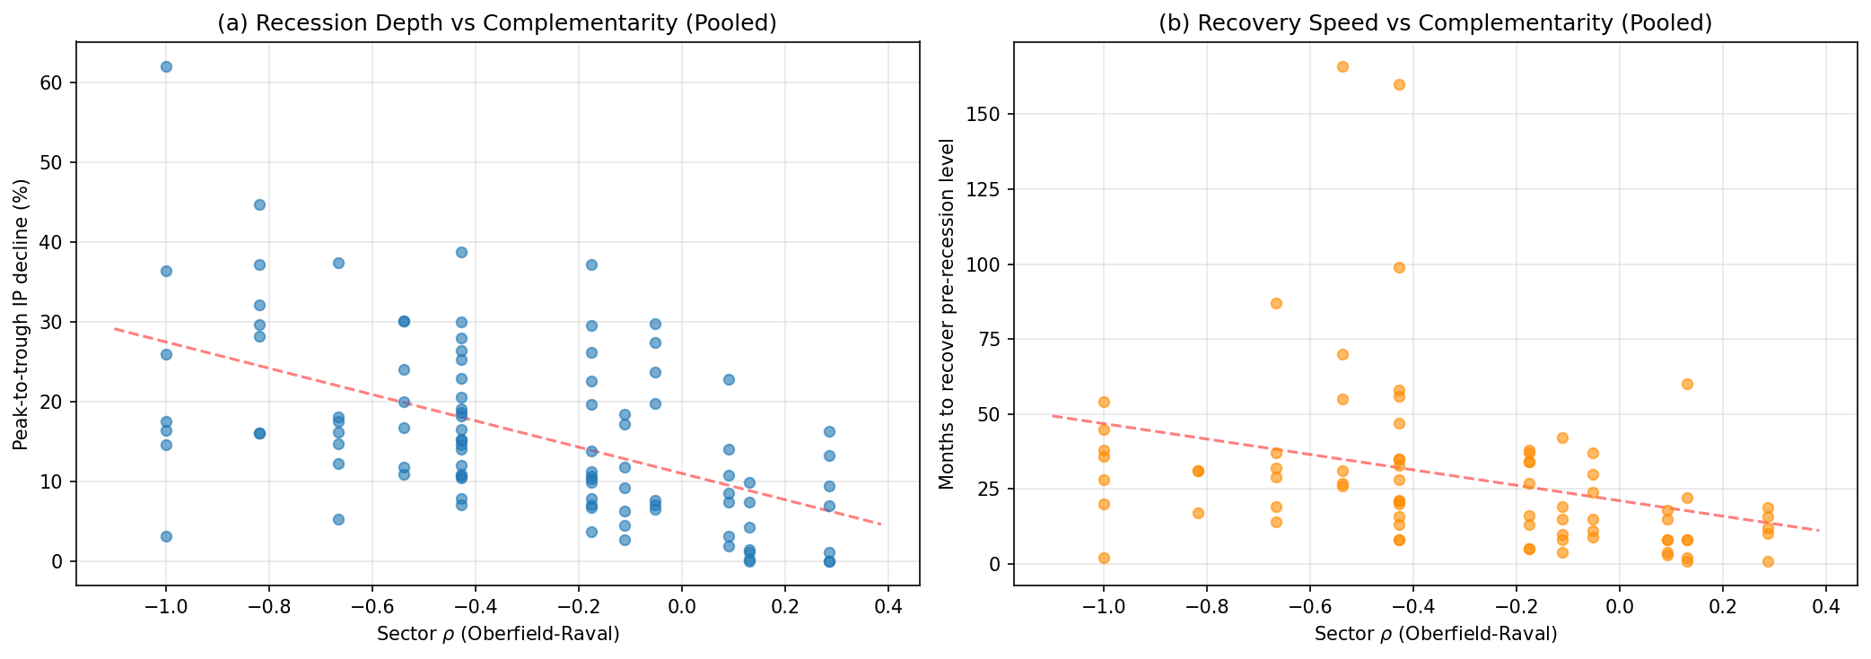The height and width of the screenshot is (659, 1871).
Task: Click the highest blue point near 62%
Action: [166, 66]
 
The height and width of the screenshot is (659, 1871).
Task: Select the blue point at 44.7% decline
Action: [259, 204]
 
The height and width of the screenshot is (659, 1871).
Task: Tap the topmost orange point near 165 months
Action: [1342, 66]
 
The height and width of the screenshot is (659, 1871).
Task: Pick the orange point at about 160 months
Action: [1399, 84]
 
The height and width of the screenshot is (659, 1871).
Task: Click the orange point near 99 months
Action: [1399, 267]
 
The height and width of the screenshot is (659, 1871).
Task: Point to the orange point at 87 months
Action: [1276, 303]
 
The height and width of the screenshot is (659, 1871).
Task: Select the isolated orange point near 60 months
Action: [1687, 384]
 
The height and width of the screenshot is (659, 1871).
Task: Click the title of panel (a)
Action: [497, 23]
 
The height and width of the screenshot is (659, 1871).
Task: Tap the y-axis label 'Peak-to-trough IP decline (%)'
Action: [21, 314]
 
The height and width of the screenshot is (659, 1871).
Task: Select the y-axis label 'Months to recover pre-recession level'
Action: [946, 314]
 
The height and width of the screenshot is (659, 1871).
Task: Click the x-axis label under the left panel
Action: [497, 635]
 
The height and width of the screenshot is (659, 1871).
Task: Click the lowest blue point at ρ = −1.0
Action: [166, 536]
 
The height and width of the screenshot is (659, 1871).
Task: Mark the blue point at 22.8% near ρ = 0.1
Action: [729, 379]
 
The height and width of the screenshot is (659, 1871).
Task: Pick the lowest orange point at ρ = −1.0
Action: [1104, 558]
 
